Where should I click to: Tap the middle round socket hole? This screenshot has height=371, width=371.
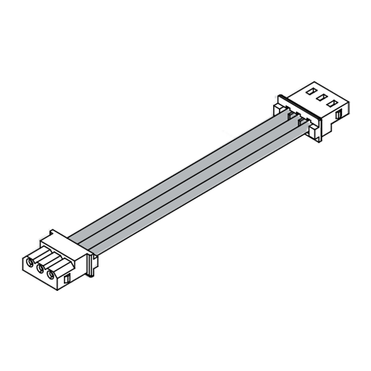click(x=40, y=268)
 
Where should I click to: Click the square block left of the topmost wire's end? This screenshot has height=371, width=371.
click(x=278, y=109)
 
